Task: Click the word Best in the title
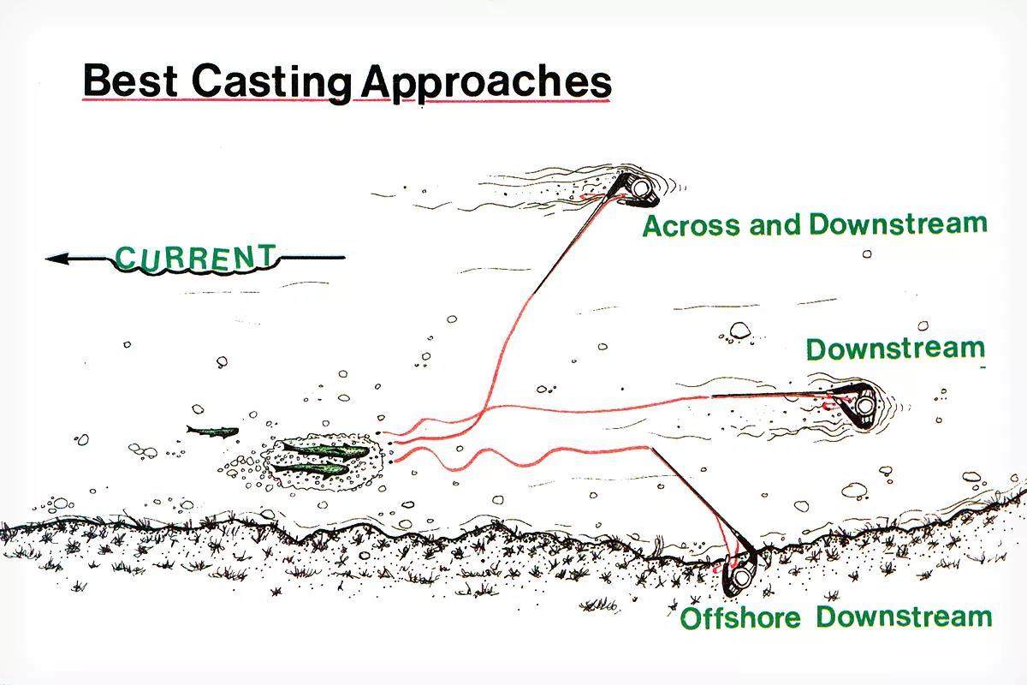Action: pos(130,80)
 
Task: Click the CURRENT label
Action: pos(196,258)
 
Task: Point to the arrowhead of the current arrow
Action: pos(56,259)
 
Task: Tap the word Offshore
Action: pos(740,618)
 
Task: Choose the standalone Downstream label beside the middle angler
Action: pos(895,349)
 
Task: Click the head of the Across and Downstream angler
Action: pos(641,188)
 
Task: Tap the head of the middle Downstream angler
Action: pos(864,405)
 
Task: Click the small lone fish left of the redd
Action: pos(213,431)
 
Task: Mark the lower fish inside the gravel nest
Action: pos(311,469)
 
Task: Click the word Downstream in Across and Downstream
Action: pos(898,224)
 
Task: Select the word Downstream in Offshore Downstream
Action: pos(904,616)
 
